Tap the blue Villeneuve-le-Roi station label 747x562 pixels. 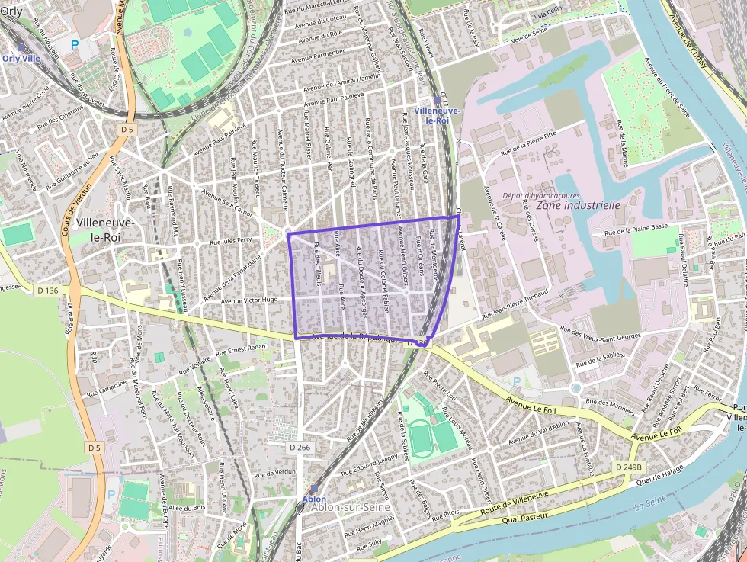tap(437, 115)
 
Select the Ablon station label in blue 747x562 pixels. tap(314, 499)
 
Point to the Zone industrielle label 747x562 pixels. tap(579, 205)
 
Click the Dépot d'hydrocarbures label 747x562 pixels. tap(541, 195)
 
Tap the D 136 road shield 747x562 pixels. tap(47, 291)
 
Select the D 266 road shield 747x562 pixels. tap(301, 448)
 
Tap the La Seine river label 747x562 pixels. tap(649, 504)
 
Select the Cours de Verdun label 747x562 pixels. tap(78, 208)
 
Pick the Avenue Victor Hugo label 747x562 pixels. tap(249, 300)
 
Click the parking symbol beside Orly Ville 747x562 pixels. tap(75, 45)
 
